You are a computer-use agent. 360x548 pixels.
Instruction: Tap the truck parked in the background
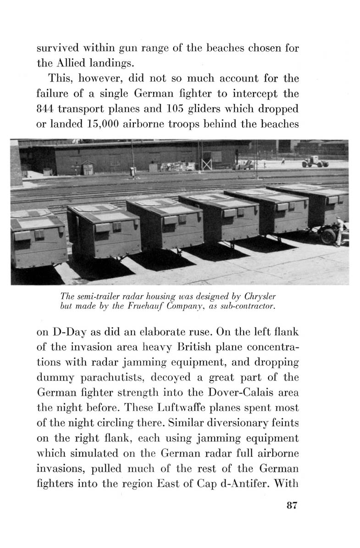[x=315, y=162]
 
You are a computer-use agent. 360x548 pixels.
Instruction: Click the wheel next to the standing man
[x=328, y=235]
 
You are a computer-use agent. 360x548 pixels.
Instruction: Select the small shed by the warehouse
[x=87, y=168]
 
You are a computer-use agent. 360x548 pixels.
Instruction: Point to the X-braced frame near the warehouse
[x=207, y=163]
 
